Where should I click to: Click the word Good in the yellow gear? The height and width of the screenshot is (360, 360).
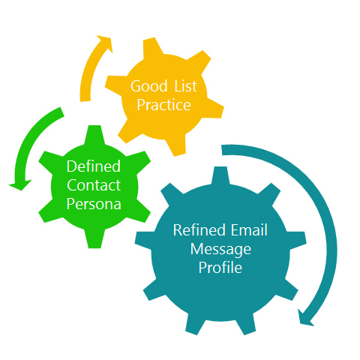149,86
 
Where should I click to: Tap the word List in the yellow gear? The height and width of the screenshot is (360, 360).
185,86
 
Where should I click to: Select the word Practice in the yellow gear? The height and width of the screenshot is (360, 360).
164,105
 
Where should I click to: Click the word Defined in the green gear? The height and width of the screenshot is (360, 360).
94,166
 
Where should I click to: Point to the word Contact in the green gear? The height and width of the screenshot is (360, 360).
94,185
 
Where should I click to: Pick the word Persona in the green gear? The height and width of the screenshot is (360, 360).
94,204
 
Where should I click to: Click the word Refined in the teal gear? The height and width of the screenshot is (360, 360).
199,230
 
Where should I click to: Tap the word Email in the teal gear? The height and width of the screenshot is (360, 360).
249,230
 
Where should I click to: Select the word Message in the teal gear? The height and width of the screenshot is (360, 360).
220,250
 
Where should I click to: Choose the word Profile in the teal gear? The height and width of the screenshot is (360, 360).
220,268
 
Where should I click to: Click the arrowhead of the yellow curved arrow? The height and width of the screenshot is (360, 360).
106,43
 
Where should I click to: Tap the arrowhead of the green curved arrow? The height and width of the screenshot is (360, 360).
20,185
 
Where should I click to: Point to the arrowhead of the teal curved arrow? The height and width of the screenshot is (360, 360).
305,318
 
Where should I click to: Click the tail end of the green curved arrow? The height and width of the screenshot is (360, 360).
62,112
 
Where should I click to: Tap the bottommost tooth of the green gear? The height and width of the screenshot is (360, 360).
94,238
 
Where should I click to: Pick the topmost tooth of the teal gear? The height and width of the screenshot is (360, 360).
220,175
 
